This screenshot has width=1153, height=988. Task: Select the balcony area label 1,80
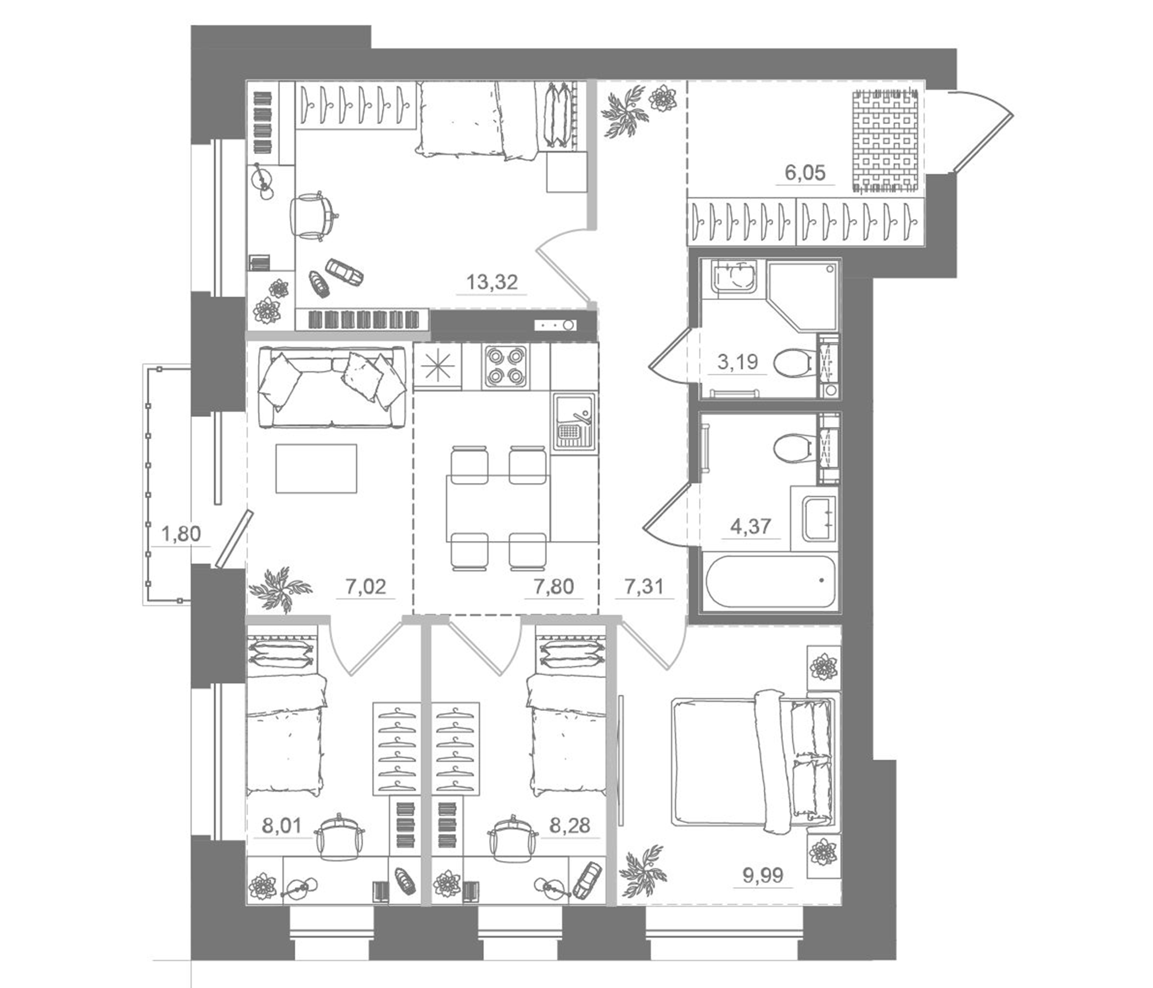click(180, 534)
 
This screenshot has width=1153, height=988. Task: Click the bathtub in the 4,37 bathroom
click(771, 581)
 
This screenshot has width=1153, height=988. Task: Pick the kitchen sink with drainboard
click(574, 420)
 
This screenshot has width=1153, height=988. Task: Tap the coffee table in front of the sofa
click(316, 468)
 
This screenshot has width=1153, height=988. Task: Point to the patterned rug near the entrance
click(885, 143)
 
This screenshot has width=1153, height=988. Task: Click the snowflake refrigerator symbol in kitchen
click(438, 366)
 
